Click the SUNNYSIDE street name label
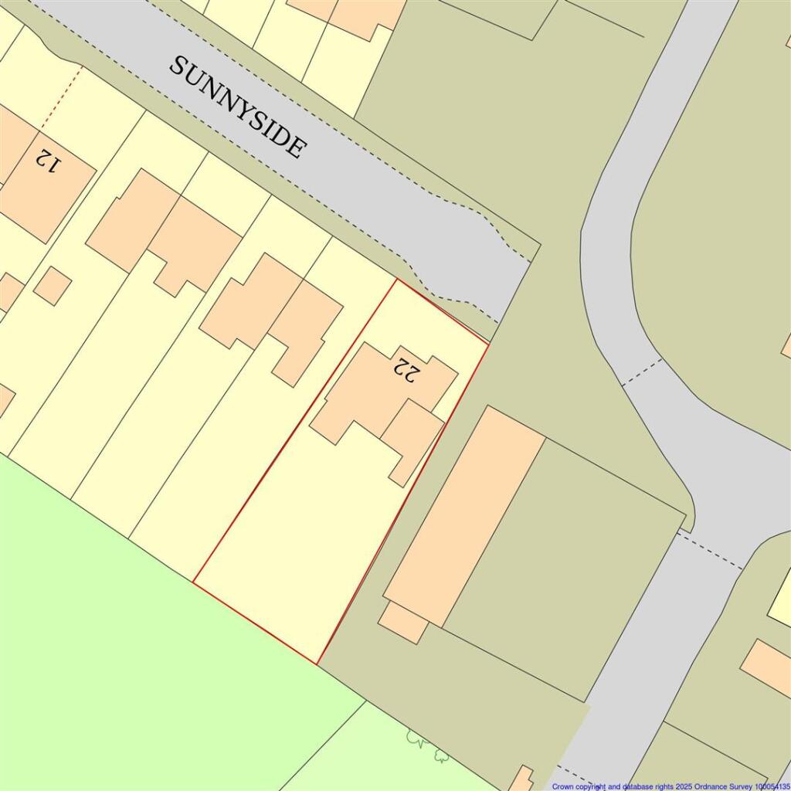(x=237, y=107)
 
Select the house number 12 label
(x=46, y=161)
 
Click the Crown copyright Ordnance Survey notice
(x=670, y=786)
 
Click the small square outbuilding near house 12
(x=53, y=286)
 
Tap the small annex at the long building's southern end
(x=403, y=622)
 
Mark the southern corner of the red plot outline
(x=317, y=663)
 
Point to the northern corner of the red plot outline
(x=396, y=280)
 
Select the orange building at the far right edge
(x=766, y=666)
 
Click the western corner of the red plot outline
(x=193, y=581)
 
